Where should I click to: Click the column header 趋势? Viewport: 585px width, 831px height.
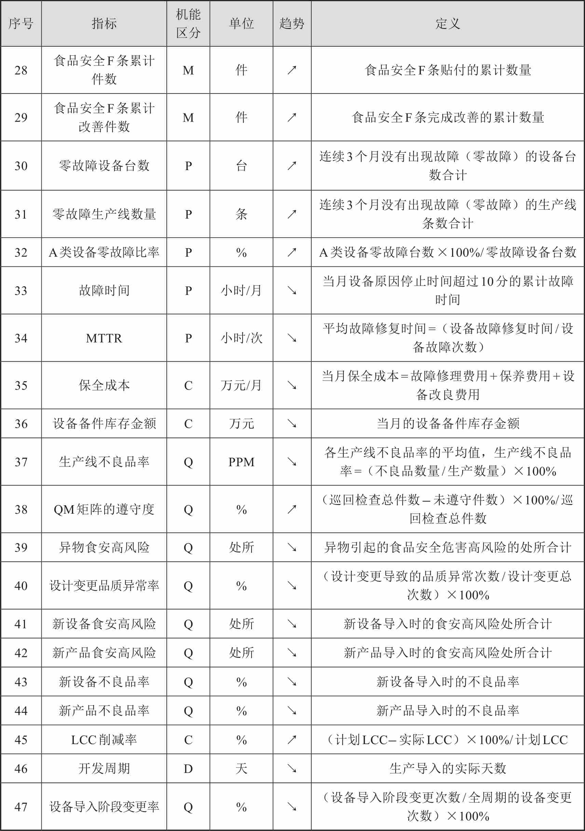pos(292,24)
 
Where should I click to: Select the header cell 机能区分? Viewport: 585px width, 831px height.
pos(188,24)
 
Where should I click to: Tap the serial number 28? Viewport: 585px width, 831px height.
pos(21,70)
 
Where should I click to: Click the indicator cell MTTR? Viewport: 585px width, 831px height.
pos(104,338)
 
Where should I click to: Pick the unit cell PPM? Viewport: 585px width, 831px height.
pos(242,462)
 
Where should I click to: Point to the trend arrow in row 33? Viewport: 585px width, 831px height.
pos(292,290)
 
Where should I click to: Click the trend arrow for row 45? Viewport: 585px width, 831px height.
pos(292,739)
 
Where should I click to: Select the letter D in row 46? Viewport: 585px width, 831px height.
pos(188,768)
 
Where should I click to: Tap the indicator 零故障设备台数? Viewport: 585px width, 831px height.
pos(104,166)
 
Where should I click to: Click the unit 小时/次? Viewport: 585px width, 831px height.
pos(242,338)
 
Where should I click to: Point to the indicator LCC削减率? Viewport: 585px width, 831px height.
pos(104,739)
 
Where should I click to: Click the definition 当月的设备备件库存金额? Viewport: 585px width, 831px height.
pos(448,424)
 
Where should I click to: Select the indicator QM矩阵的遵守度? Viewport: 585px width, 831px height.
pos(104,509)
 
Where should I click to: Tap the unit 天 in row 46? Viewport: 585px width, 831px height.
pos(242,768)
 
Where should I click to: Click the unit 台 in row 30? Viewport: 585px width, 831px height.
pos(242,166)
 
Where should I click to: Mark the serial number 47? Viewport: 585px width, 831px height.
pos(21,807)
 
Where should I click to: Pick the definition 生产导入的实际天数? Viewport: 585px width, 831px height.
pos(448,768)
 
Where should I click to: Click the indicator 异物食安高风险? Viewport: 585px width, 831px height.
pos(104,547)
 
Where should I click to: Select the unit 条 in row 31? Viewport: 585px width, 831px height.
pos(242,214)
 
